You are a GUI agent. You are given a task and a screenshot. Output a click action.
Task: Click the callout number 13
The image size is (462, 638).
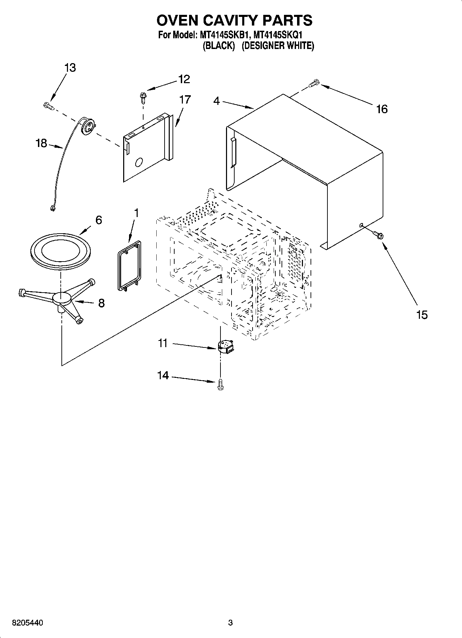coord(70,68)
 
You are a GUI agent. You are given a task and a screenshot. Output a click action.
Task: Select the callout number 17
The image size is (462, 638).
coord(185,99)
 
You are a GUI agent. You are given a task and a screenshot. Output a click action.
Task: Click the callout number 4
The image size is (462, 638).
coord(216,101)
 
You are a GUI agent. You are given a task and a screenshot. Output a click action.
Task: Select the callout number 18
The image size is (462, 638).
coord(41,143)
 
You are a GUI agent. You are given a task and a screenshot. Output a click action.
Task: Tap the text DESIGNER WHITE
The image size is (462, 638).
coord(277,46)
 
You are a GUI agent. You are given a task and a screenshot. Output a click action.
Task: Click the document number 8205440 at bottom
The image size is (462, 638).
coord(28,623)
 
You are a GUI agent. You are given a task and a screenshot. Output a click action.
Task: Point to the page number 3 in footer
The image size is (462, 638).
coord(230,623)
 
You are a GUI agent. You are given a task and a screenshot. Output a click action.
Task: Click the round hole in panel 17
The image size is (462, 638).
coord(139,162)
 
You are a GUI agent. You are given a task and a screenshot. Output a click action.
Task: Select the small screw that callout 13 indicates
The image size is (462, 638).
coord(49,106)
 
